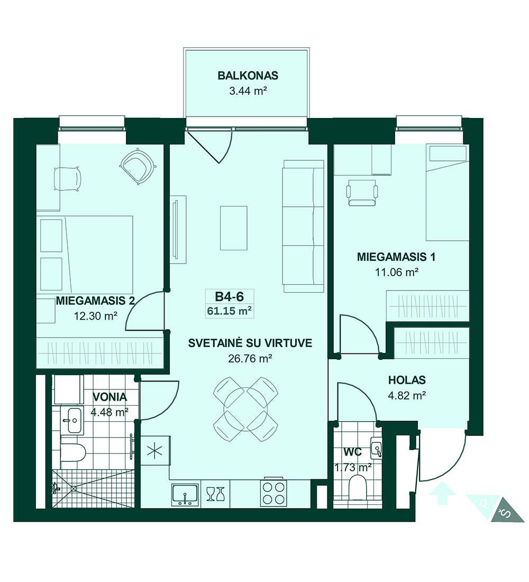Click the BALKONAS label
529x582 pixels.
pos(248,76)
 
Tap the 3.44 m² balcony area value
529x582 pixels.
pos(248,91)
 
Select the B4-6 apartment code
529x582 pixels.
pos(230,296)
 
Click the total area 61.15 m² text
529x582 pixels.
pos(230,311)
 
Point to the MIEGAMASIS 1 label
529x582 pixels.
pos(396,257)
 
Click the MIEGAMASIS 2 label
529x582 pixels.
pos(95,301)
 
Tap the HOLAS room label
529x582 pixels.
pos(407,380)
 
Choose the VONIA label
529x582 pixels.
pos(110,397)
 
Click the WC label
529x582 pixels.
pos(353,452)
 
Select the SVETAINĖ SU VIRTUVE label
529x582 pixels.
pos(250,343)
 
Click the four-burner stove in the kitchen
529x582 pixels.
pos(273,493)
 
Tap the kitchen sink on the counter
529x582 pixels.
pos(185,495)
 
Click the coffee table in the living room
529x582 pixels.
pos(233,228)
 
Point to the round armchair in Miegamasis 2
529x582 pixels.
pos(137,166)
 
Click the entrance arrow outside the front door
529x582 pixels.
pos(442,493)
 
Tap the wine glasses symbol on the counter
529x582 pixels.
pos(215,494)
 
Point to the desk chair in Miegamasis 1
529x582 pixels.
pos(362,192)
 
